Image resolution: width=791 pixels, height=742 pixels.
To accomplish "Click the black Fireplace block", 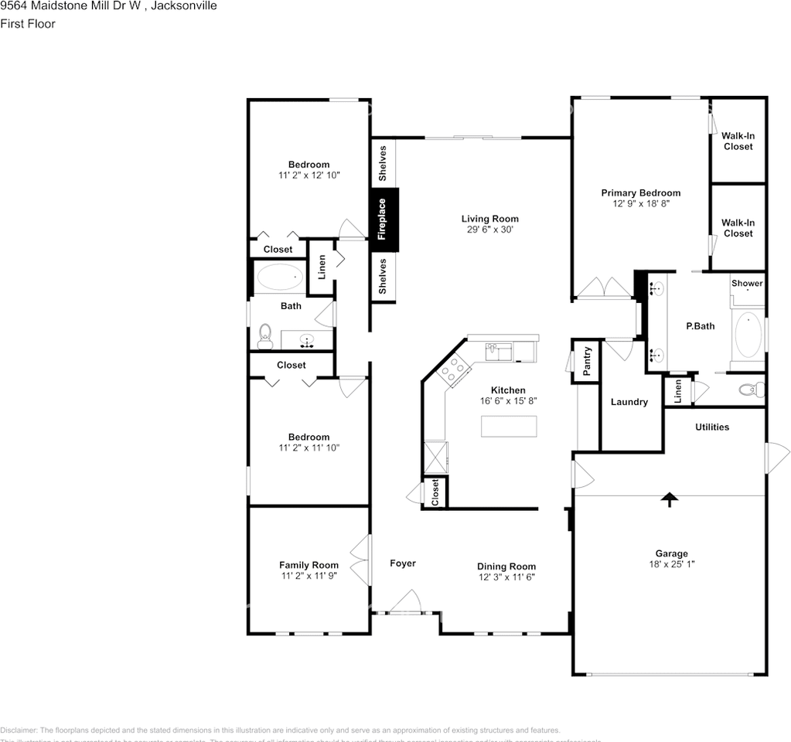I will [x=384, y=220].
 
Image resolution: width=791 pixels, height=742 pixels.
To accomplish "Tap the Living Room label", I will [x=490, y=219].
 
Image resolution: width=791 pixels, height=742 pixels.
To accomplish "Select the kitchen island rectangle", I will [x=509, y=426].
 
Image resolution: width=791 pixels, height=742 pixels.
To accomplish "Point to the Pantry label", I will [x=587, y=362].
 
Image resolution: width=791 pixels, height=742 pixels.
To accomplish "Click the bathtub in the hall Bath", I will [x=279, y=276].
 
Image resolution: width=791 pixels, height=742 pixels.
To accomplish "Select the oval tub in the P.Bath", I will [x=748, y=335].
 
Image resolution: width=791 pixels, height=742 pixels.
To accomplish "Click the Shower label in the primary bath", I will [x=747, y=284].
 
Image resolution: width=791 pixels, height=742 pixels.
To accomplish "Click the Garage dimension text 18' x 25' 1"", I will [x=671, y=564].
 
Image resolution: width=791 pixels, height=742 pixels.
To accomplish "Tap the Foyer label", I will [x=402, y=563].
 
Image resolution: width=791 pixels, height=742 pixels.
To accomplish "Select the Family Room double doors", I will [x=359, y=562].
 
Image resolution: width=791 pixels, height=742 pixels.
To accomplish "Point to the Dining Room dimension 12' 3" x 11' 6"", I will [x=506, y=577].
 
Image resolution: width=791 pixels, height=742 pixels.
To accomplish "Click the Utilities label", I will [x=711, y=427].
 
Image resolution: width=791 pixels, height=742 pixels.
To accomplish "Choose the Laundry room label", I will [x=629, y=402].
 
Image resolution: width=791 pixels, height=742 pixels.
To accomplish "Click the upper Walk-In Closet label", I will [x=738, y=141].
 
